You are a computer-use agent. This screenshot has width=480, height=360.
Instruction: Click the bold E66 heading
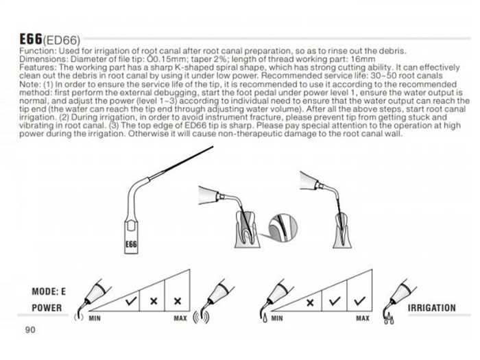tap(31, 39)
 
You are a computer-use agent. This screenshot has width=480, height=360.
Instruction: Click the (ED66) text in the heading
tap(62, 40)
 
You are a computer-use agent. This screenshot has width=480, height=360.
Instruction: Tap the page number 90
tap(30, 330)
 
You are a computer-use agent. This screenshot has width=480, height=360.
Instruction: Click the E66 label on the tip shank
tap(131, 244)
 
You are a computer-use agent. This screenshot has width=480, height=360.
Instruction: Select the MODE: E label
tap(49, 291)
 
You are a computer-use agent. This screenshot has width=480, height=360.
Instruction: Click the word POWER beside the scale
tap(47, 308)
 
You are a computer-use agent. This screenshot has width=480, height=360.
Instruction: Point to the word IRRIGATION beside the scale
tap(431, 308)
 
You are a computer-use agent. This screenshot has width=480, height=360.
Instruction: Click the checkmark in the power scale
tap(131, 301)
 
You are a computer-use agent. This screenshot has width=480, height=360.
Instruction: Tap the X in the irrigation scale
tap(310, 303)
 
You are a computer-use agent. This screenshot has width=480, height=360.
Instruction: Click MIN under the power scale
tap(95, 318)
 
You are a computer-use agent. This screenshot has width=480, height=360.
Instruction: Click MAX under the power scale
tap(180, 318)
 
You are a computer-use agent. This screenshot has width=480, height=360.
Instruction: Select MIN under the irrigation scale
tap(277, 318)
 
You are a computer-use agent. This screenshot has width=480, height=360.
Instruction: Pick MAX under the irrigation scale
tap(363, 318)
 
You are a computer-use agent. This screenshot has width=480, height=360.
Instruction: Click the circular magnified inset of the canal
tap(283, 228)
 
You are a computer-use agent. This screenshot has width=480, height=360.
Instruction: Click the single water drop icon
tap(265, 317)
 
